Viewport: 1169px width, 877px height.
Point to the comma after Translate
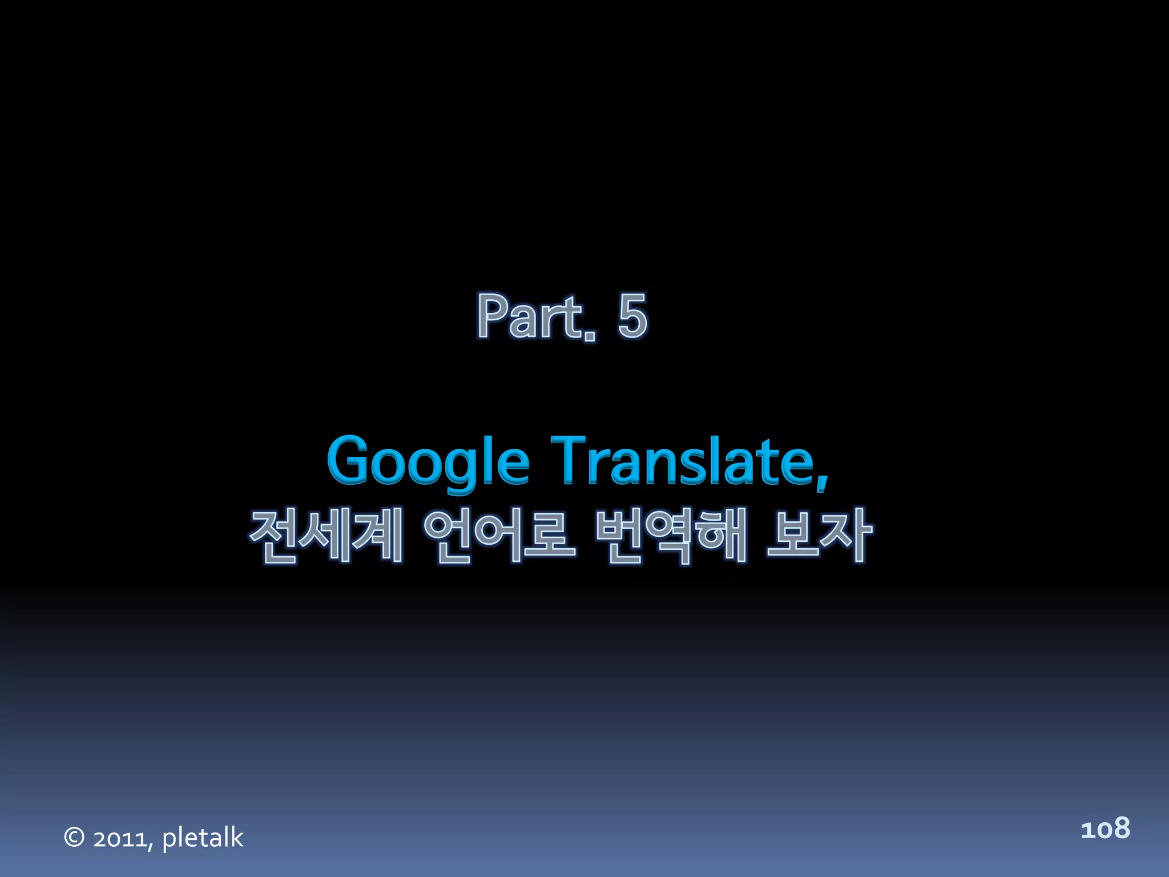821,480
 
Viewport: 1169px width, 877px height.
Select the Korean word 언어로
499,535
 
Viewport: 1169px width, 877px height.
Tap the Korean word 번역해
671,535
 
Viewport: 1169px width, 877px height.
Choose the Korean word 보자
819,535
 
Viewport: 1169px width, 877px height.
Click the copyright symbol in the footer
74,837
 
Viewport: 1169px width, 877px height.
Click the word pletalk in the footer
203,838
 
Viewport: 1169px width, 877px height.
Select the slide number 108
1105,828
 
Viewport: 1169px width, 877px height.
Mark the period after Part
590,336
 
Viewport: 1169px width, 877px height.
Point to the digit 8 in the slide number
1120,828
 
